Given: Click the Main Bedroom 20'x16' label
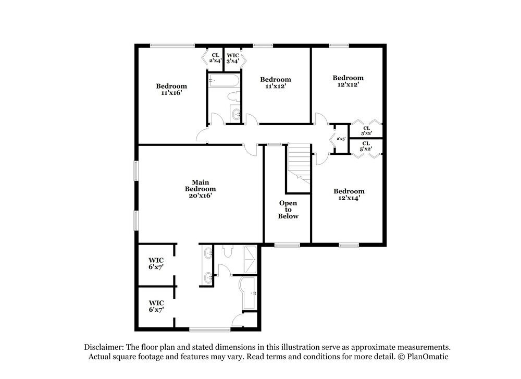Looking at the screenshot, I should tap(201, 189).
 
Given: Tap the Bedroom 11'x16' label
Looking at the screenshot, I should tap(171, 89).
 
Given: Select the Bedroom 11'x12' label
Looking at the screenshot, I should tap(276, 83).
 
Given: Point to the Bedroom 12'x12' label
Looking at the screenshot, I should tap(348, 81).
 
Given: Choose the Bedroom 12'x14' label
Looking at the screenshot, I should tap(349, 194).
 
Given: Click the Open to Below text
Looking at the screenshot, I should tap(288, 209).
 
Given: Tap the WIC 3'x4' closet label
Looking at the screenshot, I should tap(233, 58).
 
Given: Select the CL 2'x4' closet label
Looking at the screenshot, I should tap(215, 58).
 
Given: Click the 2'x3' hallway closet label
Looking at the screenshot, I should tap(341, 139).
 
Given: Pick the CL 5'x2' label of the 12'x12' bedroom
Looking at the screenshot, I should tap(366, 130).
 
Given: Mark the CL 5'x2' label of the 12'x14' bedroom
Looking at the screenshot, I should tap(366, 146).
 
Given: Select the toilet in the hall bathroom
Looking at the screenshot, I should tap(234, 97).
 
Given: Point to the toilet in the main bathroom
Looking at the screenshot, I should tap(227, 251).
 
